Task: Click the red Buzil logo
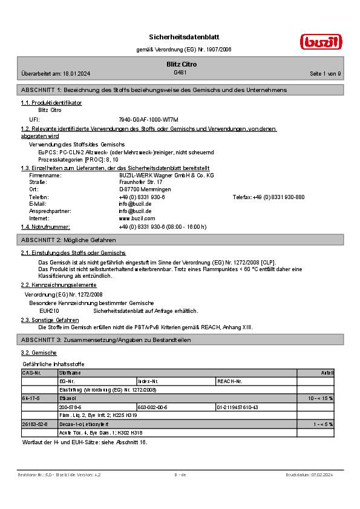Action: tap(321, 42)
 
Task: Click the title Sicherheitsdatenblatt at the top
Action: tap(180, 37)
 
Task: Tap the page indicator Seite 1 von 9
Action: tap(326, 74)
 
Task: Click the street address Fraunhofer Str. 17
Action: tap(141, 182)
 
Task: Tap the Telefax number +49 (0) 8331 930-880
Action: tap(279, 197)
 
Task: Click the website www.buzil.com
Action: tap(137, 218)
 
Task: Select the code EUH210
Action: tap(49, 310)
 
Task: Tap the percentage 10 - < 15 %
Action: tap(320, 399)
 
